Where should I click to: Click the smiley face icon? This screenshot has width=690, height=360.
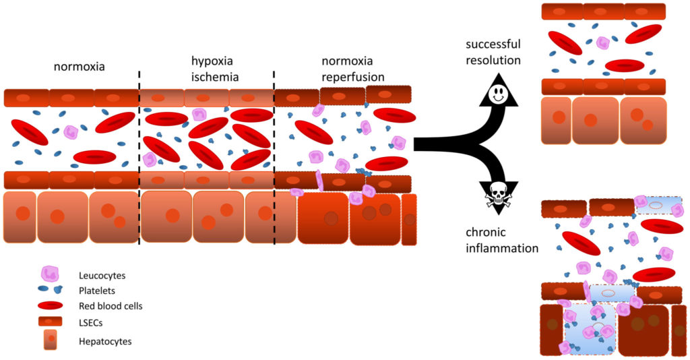coord(499,94)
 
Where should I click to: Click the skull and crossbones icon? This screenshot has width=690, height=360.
coord(498,196)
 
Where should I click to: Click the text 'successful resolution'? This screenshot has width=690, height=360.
coord(493,52)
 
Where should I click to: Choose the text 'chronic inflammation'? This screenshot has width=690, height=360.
coord(502,240)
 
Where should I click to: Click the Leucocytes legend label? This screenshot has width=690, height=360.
coord(102,275)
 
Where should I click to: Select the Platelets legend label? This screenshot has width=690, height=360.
coord(96,291)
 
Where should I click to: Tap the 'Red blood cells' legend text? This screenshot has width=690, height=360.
coord(111,306)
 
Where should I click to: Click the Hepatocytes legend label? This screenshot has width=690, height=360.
coord(105,341)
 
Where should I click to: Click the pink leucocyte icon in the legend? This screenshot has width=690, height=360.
coord(50,274)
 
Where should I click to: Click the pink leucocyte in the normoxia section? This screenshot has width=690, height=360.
coord(71,133)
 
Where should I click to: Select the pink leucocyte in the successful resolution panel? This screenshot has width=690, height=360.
coord(603,42)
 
